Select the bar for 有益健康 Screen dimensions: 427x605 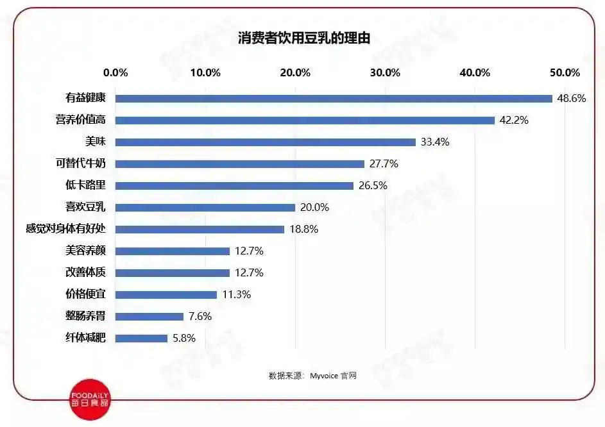334,99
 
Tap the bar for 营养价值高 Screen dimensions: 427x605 305,121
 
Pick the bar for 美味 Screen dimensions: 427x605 266,142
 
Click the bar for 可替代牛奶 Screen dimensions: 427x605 240,164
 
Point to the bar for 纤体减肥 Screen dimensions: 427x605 141,338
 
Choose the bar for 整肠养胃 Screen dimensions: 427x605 149,316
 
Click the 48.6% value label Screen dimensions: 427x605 572,99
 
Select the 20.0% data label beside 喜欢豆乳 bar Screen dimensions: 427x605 314,208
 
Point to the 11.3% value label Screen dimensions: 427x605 235,295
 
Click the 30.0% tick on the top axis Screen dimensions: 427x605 385,72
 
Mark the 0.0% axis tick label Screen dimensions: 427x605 115,72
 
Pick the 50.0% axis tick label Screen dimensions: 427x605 565,72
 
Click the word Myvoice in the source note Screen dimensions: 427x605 324,376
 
